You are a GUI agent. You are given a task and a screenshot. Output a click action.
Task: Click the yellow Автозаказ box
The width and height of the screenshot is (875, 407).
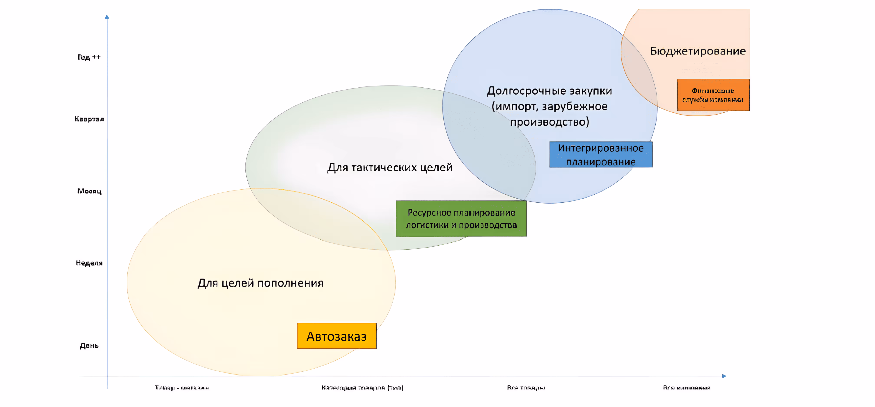point(336,336)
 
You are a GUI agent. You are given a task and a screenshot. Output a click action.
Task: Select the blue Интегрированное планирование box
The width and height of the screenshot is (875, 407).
point(600,155)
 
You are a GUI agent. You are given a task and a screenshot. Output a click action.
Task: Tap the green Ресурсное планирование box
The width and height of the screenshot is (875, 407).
point(461,219)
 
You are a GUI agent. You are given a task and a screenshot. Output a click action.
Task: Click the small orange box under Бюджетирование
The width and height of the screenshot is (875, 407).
point(713,95)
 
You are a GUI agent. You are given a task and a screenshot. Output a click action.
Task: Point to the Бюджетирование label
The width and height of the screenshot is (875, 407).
point(698,51)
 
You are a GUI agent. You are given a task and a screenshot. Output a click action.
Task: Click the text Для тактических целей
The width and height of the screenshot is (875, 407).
point(390,167)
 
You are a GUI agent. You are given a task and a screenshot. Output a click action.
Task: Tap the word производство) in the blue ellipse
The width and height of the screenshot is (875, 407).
point(549,122)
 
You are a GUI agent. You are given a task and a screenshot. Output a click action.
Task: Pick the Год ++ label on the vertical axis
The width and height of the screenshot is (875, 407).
point(89,57)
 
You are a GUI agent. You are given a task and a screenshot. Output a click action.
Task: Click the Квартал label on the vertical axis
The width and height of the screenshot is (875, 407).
point(89,119)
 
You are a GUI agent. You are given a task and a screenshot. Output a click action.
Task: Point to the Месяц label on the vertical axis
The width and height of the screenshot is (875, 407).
point(89,191)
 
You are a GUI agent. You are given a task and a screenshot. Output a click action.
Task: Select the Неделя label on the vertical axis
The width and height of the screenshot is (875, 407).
point(89,263)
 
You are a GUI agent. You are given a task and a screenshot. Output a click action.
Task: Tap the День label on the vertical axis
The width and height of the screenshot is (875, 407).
point(89,346)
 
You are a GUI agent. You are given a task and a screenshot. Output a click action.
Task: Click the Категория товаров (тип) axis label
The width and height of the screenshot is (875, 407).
point(362,387)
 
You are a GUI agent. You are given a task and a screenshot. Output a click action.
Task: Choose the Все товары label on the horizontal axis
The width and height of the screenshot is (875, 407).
point(526,387)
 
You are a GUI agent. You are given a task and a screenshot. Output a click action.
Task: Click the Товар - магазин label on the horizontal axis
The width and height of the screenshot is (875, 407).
point(182,387)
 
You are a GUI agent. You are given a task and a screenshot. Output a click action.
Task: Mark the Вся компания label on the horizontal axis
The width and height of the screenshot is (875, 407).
point(686,387)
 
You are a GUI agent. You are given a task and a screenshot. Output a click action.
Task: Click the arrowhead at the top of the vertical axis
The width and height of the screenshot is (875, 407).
point(107,17)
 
